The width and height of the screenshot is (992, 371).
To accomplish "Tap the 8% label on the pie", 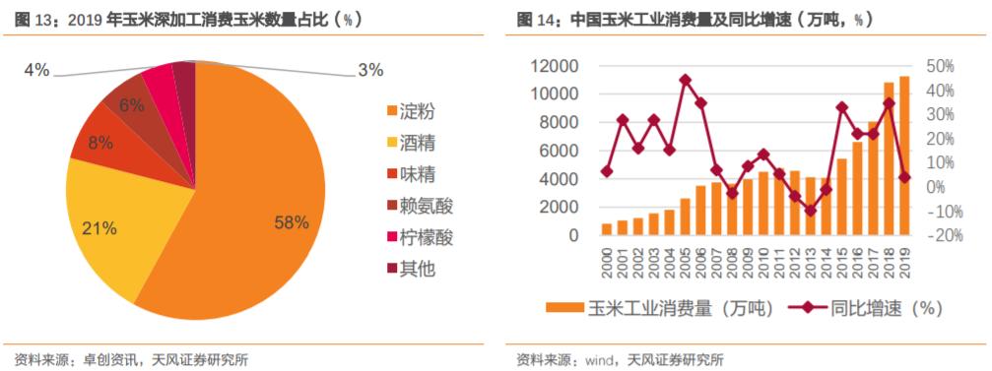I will (x=99, y=142).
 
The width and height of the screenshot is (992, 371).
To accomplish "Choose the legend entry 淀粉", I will (x=419, y=110).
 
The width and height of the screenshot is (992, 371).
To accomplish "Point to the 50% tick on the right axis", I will (x=941, y=66).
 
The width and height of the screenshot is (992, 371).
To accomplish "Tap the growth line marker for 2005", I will (x=686, y=80).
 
